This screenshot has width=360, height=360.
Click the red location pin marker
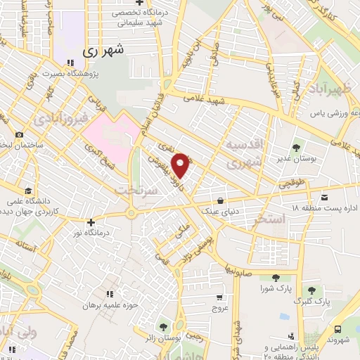(x=181, y=164)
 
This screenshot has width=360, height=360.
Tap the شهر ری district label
(x=103, y=51)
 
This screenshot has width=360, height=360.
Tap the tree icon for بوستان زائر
(x=164, y=326)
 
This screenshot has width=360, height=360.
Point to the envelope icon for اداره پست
(x=323, y=198)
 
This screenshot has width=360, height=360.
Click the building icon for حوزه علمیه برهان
(x=109, y=294)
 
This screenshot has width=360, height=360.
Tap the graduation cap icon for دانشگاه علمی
(x=27, y=191)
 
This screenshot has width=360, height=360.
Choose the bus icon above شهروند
(x=338, y=330)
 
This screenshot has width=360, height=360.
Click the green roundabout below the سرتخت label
(x=131, y=214)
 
